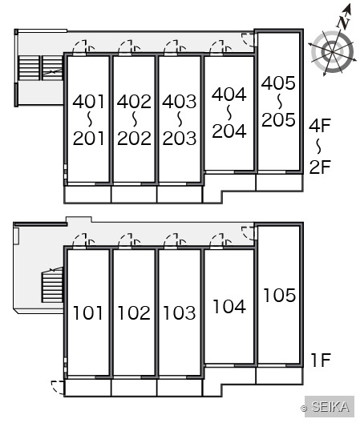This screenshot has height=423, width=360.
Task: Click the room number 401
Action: tap(88, 102)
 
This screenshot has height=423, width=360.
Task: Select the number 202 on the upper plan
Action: tap(134, 139)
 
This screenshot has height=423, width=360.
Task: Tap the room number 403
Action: tap(180, 102)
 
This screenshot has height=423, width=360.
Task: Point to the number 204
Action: tap(229, 131)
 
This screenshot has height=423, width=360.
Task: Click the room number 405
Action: tap(278, 83)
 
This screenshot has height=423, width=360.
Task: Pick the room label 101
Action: tap(88, 313)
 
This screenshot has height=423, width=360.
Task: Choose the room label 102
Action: tap(134, 313)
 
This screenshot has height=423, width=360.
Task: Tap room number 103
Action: tap(180, 313)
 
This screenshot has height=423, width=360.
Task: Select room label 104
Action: tap(229, 307)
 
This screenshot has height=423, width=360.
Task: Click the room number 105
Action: tap(280, 295)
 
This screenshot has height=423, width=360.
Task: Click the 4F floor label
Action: tap(320, 126)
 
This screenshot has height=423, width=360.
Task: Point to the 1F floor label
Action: tap(321, 360)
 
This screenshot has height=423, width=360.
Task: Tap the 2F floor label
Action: tap(320, 167)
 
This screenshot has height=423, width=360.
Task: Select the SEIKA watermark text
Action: tap(330, 406)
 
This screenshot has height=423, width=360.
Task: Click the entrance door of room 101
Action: tap(81, 240)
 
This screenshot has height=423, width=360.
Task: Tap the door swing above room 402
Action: tap(129, 47)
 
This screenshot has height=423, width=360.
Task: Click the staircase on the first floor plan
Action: tap(52, 285)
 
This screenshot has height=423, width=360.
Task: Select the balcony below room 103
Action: tap(180, 388)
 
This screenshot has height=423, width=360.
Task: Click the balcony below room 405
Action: tap(279, 183)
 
